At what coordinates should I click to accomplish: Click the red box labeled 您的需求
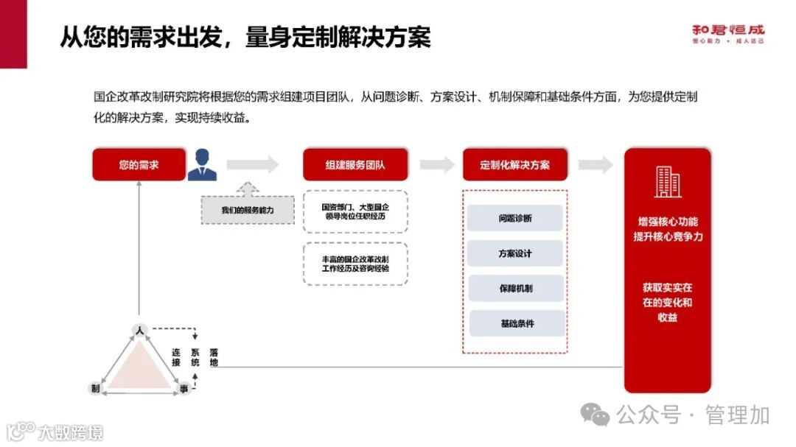(x=139, y=165)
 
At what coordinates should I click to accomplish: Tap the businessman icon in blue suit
(x=202, y=165)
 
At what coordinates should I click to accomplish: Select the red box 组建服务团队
(x=355, y=165)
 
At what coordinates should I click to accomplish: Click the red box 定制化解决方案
(x=514, y=165)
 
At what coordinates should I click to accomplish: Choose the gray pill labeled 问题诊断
(x=515, y=219)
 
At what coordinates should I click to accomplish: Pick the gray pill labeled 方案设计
(x=515, y=253)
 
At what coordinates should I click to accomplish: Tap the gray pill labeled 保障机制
(x=515, y=288)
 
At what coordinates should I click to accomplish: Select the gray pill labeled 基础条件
(x=517, y=323)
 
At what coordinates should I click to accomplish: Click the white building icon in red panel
(x=667, y=182)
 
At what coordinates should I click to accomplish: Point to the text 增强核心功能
(x=668, y=222)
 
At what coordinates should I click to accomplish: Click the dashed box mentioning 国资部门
(x=355, y=212)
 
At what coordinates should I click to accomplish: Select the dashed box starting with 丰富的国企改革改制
(x=355, y=264)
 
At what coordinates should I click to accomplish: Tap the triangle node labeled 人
(x=138, y=329)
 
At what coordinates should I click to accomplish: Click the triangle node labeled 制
(x=95, y=388)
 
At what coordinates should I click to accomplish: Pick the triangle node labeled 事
(x=182, y=388)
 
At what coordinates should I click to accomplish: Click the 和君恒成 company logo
(x=728, y=33)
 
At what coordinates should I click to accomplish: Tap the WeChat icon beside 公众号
(x=595, y=415)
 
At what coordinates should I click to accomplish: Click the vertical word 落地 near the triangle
(x=214, y=357)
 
